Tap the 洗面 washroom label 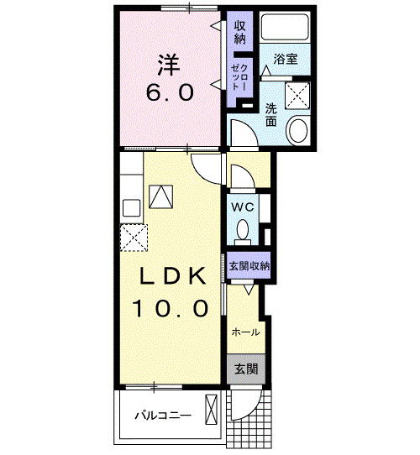click(270, 114)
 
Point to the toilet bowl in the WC click(243, 229)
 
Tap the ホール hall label click(245, 332)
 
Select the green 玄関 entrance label click(245, 369)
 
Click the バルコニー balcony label click(162, 416)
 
